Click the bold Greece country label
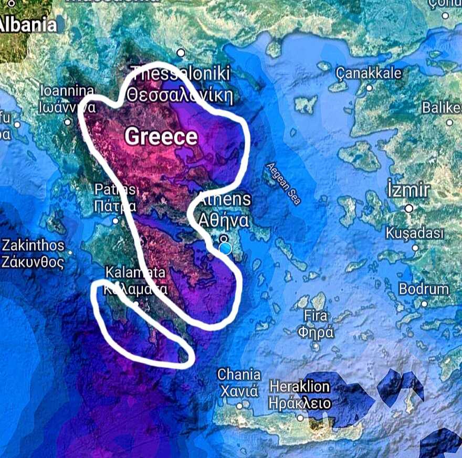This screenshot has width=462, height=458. (161, 137)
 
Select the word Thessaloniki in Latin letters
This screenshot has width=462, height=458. (181, 73)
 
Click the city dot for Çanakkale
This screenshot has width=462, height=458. (369, 88)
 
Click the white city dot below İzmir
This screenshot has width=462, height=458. (409, 208)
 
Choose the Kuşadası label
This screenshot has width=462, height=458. (415, 233)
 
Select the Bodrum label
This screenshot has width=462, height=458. (424, 289)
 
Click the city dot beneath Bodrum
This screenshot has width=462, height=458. (424, 303)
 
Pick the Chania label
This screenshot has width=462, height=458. (239, 375)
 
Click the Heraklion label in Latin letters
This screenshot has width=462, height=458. (300, 387)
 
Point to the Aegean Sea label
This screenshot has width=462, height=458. (283, 184)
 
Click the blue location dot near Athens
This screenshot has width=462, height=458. (225, 248)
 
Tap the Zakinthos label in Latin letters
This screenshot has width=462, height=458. (34, 245)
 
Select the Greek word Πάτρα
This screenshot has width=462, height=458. (115, 206)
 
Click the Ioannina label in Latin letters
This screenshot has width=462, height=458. (67, 90)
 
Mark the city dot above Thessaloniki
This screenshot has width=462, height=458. (181, 52)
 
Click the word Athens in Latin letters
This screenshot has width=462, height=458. (224, 199)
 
